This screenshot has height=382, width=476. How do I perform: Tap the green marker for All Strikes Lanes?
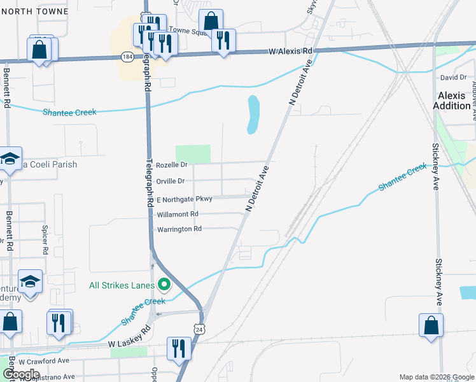tap(164, 285)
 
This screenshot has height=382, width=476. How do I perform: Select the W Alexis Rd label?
tap(291, 51)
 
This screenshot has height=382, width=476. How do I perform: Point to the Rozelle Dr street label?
tap(172, 165)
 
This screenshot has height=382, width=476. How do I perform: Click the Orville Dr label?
tap(171, 181)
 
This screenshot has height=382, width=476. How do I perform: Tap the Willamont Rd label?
tap(178, 214)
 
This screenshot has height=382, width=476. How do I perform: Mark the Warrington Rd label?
tap(179, 229)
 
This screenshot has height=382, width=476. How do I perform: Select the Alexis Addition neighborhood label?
tap(452, 101)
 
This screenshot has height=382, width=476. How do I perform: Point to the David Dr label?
tap(454, 78)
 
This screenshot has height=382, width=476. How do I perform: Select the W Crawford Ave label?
tap(44, 360)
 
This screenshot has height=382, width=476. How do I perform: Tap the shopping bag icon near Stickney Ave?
tap(431, 324)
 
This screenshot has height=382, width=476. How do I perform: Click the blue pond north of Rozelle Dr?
tap(253, 115)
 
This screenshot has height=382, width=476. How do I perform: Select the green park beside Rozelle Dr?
tap(192, 153)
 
